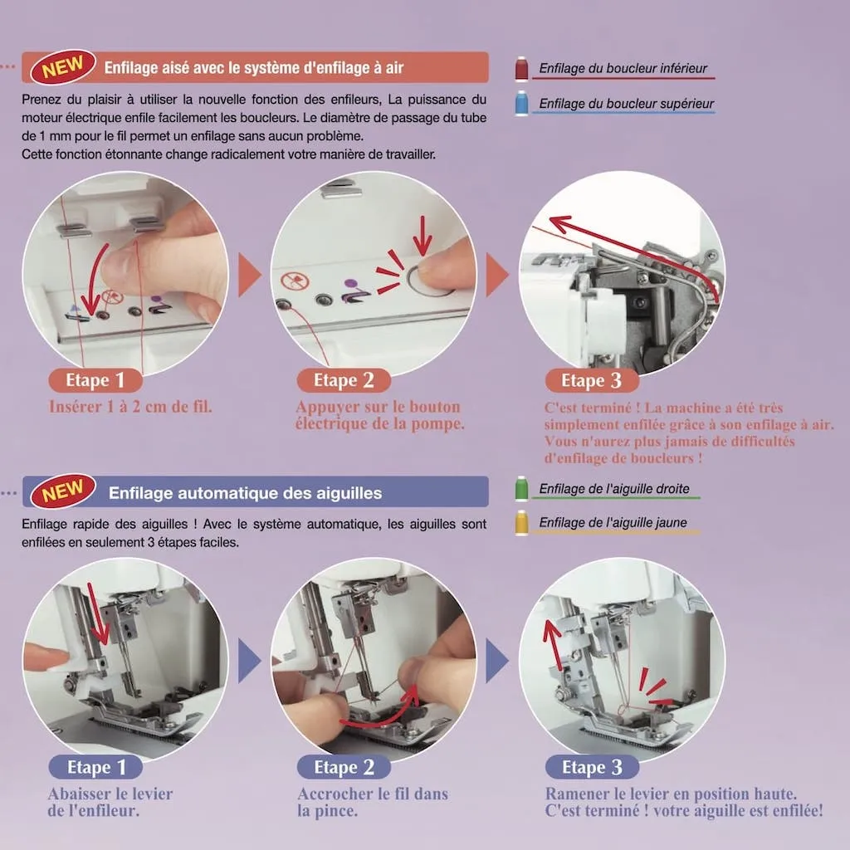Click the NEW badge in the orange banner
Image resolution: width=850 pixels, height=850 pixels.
pos(63,66)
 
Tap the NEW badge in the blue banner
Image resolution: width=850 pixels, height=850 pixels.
pos(63,491)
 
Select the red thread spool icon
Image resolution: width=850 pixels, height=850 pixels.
pos(521,68)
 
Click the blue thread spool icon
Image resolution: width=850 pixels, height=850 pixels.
pos(521,103)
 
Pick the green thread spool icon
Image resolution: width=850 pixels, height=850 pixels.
pos(521,488)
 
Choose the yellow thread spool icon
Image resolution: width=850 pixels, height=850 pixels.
pos(521,522)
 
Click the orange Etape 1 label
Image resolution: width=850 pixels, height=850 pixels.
pos(95,380)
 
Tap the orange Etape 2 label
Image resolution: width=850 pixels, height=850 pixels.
pos(344,380)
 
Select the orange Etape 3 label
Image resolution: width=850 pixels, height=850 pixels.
pos(592,380)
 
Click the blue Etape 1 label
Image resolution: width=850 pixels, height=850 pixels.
pos(95,767)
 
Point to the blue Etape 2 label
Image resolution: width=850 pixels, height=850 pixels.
pos(344,767)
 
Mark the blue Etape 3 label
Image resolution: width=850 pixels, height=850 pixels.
pos(592,767)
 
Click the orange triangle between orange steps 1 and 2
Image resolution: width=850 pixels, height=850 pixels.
pos(249,275)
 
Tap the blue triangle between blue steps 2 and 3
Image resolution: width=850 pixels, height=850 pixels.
pos(496,661)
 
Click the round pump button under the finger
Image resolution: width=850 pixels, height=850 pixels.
pos(428,281)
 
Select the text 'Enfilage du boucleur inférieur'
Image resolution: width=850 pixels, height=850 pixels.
pos(623,68)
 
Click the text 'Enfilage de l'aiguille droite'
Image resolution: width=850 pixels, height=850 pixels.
pos(614,488)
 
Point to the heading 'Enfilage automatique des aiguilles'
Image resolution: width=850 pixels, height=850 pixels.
pos(245,493)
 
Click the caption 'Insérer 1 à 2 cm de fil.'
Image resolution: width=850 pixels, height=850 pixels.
pos(130,407)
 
